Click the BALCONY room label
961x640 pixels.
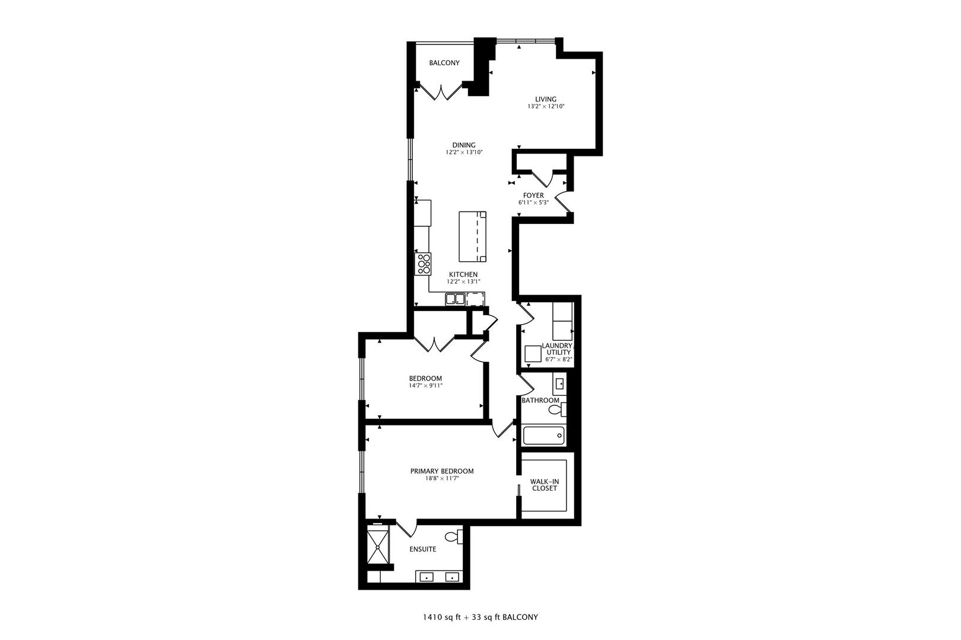444,63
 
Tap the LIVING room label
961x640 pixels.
546,99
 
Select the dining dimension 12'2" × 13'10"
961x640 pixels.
464,152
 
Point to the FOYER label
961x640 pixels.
533,196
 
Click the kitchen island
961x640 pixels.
472,236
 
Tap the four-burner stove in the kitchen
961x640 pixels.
423,264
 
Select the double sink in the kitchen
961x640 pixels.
455,299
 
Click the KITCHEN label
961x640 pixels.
463,274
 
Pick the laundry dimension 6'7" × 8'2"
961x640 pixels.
559,360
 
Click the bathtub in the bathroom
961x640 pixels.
543,436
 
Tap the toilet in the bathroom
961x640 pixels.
557,409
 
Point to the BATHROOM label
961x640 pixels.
540,401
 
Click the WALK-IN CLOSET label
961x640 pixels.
545,485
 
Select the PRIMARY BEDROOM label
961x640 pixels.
442,471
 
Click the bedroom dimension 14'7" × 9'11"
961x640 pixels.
425,385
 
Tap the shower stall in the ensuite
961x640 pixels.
377,546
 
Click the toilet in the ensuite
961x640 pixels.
454,537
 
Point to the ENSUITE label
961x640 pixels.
422,549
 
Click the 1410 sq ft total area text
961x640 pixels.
441,617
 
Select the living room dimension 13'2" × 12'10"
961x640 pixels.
546,106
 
